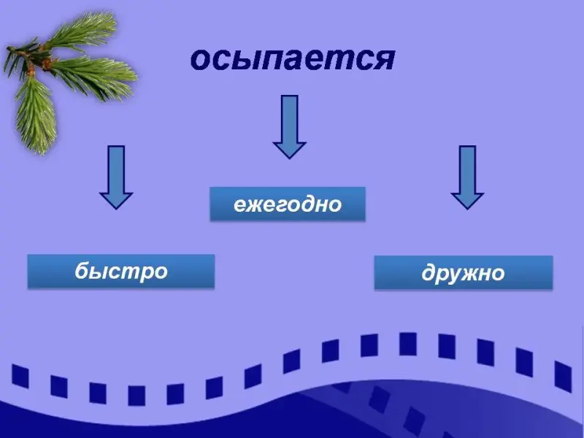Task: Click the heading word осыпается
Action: coord(293,60)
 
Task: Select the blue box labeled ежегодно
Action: coord(288,204)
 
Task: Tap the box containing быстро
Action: coord(121,271)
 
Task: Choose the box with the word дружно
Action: coord(464,272)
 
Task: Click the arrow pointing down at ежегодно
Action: coord(289,127)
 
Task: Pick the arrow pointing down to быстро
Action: coord(116,177)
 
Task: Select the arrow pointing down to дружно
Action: coord(467,177)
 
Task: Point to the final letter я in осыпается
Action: coord(385,61)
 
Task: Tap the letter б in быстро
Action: coord(82,269)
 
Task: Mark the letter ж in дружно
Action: coord(468,274)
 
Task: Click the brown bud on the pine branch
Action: coord(47,64)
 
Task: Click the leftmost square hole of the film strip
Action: coord(20,376)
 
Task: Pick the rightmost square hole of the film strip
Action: coord(563,377)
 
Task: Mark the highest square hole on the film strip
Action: coord(408,344)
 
